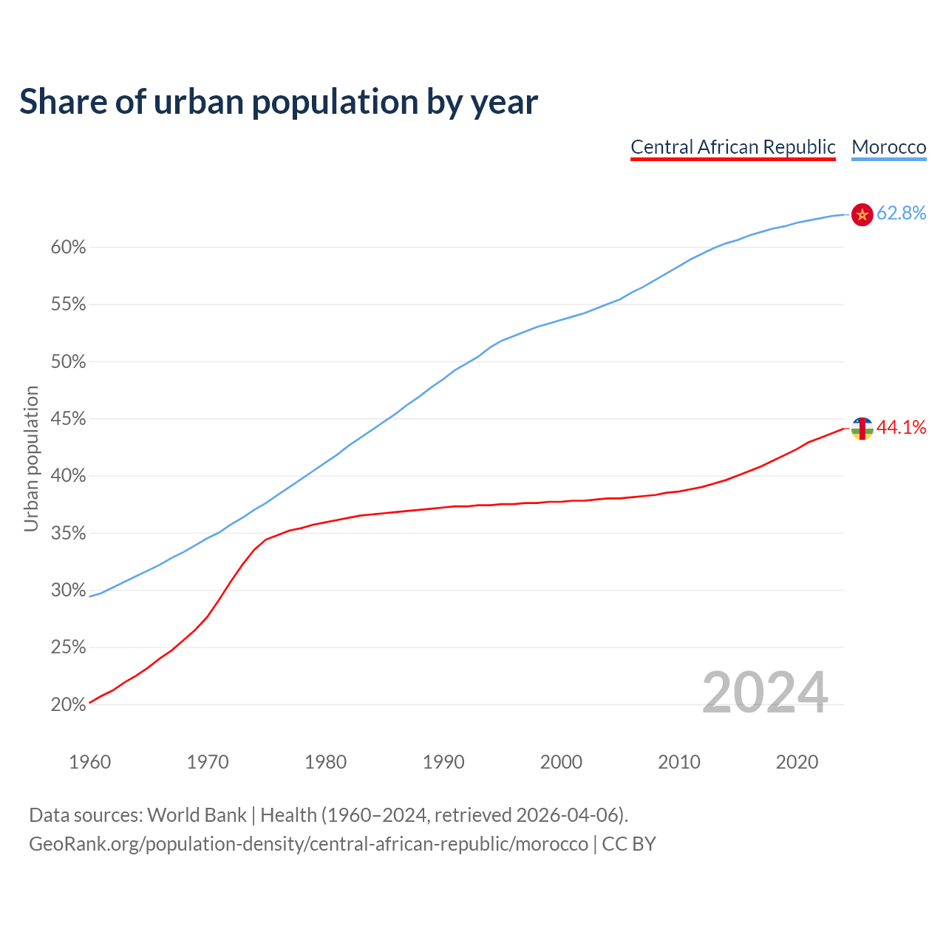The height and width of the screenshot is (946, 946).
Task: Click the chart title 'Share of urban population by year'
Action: tap(279, 102)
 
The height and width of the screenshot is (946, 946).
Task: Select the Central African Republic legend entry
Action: tap(732, 147)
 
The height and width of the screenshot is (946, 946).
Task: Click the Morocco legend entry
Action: tap(888, 147)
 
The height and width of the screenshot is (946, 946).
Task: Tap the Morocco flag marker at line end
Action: tap(862, 214)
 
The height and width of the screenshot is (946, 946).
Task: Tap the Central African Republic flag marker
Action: tap(862, 428)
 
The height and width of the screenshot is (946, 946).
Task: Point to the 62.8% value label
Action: tap(901, 214)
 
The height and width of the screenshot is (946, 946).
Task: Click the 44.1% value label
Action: tap(901, 427)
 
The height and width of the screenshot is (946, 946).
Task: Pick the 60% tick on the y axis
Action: tap(68, 248)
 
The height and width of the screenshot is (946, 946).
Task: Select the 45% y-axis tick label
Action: tap(68, 419)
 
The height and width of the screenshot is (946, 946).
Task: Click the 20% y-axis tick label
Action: tap(68, 705)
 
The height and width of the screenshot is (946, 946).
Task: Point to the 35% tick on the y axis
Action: tap(68, 534)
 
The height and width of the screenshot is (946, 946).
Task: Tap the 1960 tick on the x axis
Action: tap(89, 762)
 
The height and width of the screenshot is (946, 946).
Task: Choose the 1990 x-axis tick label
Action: tap(443, 762)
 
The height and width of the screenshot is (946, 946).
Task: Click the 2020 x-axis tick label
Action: tap(797, 762)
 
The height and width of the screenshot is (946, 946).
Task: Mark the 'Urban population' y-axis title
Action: tap(31, 458)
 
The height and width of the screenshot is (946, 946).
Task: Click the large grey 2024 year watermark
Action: tap(765, 693)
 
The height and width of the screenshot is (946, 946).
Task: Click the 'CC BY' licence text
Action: tap(629, 844)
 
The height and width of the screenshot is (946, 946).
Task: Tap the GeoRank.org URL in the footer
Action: tap(308, 844)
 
